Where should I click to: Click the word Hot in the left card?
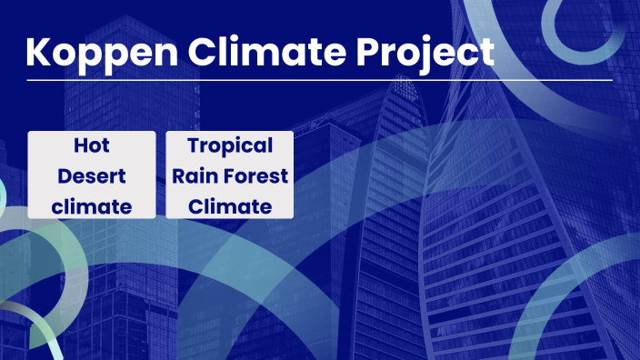(91, 145)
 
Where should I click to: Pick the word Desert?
(91, 175)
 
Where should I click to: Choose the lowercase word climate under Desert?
(91, 206)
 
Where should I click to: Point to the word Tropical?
(230, 146)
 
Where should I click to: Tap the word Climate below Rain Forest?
(230, 206)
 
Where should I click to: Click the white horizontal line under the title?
(319, 81)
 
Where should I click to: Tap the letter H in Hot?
(79, 145)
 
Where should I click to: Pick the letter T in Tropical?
(194, 145)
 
